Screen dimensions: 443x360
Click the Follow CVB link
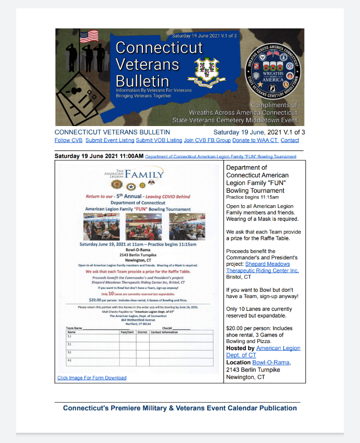click(x=69, y=140)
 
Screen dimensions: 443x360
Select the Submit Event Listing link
click(x=110, y=140)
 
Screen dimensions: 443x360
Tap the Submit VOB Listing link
click(x=159, y=140)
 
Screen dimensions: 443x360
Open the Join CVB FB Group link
click(x=207, y=140)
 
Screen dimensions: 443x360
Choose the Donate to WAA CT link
click(x=256, y=140)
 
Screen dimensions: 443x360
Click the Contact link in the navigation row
click(x=290, y=140)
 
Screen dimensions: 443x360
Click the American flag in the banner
click(x=89, y=36)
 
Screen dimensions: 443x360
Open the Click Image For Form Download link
click(x=92, y=378)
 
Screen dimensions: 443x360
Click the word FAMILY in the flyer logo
click(x=144, y=174)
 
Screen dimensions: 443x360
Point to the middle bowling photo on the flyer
click(x=144, y=227)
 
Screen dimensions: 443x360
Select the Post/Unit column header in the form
click(x=127, y=332)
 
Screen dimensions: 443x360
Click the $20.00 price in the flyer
click(x=97, y=300)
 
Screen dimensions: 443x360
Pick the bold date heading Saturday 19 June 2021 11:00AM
click(x=99, y=156)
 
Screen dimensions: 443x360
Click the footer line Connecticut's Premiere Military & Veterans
click(x=180, y=408)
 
